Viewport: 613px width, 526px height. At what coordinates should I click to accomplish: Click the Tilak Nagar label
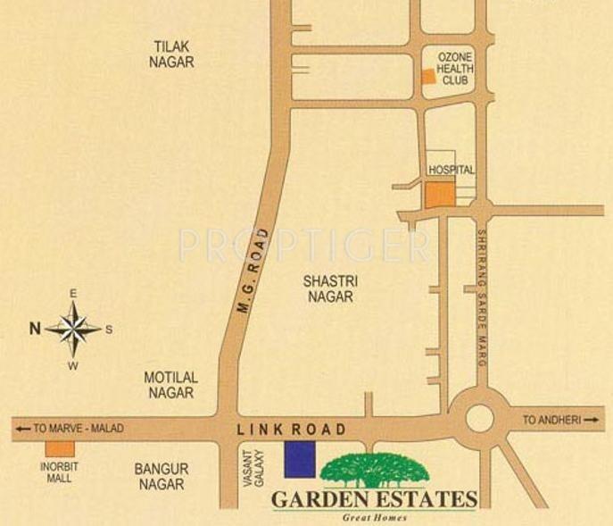(x=173, y=54)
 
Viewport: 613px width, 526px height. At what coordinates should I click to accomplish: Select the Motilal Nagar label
(x=170, y=385)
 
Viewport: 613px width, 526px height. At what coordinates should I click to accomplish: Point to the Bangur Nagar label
(x=162, y=476)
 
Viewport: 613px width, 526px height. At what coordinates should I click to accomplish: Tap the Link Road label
(x=292, y=430)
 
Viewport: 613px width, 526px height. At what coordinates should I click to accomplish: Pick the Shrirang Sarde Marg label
(x=480, y=299)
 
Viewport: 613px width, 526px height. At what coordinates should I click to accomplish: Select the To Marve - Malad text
(x=70, y=429)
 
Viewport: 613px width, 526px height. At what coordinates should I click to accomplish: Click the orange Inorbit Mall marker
(x=60, y=448)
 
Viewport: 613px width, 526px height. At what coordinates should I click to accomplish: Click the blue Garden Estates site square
(x=300, y=459)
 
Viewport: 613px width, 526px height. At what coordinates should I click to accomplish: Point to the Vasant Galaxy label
(x=253, y=468)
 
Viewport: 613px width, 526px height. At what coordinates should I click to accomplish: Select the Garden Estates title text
(x=375, y=499)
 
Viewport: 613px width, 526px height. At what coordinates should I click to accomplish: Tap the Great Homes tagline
(x=375, y=517)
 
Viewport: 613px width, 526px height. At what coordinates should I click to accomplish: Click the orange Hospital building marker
(x=439, y=195)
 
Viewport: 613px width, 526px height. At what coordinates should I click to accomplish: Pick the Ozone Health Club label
(x=454, y=69)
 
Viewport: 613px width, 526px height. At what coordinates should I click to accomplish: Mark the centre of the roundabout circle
(x=480, y=417)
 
